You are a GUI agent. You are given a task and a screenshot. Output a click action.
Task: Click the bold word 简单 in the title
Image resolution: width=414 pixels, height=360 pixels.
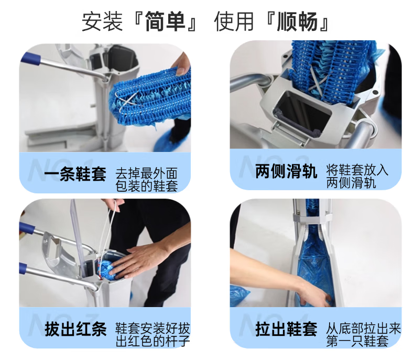pyautogui.click(x=165, y=21)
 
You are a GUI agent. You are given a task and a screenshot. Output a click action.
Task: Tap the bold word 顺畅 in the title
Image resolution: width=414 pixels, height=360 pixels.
pyautogui.click(x=297, y=21)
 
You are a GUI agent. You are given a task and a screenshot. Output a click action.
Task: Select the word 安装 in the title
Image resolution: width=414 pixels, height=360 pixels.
pyautogui.click(x=102, y=21)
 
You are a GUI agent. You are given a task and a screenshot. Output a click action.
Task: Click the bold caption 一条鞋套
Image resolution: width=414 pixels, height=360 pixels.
pyautogui.click(x=75, y=174)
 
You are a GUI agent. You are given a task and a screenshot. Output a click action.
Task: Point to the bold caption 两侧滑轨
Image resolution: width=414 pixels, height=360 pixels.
pyautogui.click(x=286, y=171)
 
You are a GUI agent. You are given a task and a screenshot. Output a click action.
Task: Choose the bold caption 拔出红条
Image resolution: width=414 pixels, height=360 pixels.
pyautogui.click(x=76, y=329)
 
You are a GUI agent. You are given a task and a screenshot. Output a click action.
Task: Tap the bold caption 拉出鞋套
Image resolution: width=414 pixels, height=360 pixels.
pyautogui.click(x=286, y=329)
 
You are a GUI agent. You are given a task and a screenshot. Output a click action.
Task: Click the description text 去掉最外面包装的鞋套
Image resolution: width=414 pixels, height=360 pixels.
pyautogui.click(x=147, y=180)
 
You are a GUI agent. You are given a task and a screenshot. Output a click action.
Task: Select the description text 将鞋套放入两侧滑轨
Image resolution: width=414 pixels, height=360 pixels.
pyautogui.click(x=357, y=176)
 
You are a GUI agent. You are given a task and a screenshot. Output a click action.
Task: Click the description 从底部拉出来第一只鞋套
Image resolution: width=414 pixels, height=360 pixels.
pyautogui.click(x=363, y=335)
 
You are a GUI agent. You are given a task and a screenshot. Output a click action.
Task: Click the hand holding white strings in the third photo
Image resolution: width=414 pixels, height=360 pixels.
pyautogui.click(x=114, y=204)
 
